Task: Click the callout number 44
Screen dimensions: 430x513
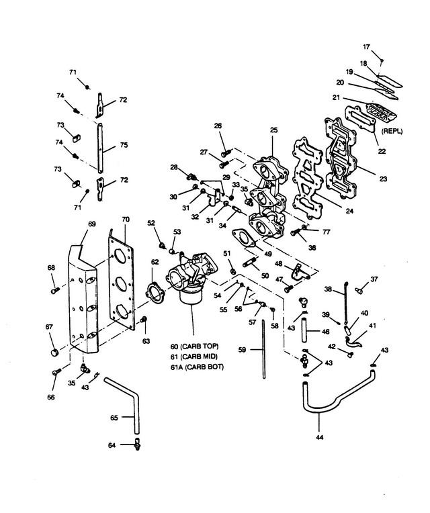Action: pyautogui.click(x=320, y=436)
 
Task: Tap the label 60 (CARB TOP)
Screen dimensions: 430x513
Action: pyautogui.click(x=194, y=346)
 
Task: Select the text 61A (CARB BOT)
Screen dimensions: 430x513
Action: pyautogui.click(x=197, y=367)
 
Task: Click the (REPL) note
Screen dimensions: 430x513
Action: pyautogui.click(x=392, y=131)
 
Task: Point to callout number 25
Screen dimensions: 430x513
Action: pyautogui.click(x=274, y=130)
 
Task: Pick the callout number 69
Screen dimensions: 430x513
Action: pyautogui.click(x=92, y=224)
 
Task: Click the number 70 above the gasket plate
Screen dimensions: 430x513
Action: pyautogui.click(x=126, y=219)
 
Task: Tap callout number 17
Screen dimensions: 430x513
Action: pyautogui.click(x=367, y=47)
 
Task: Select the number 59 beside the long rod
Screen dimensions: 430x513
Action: pyautogui.click(x=242, y=350)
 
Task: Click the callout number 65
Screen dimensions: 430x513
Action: pyautogui.click(x=114, y=418)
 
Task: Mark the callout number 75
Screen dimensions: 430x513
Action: pyautogui.click(x=124, y=145)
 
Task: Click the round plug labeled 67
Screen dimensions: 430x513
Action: pyautogui.click(x=55, y=353)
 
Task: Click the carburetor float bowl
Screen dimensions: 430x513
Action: pyautogui.click(x=190, y=295)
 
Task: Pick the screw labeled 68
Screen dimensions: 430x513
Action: pyautogui.click(x=55, y=290)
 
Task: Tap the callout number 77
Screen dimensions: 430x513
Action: pyautogui.click(x=327, y=232)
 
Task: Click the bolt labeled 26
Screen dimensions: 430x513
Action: pyautogui.click(x=226, y=152)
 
